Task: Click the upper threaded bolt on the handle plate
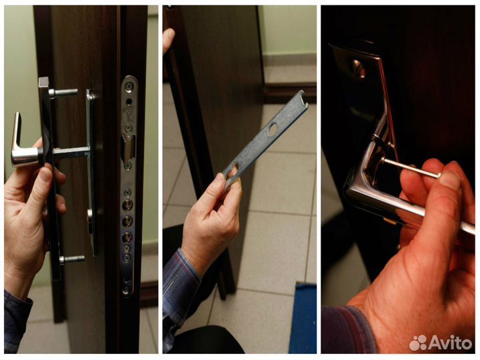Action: [63, 93]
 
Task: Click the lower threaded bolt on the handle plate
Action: [72, 259]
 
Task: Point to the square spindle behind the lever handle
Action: [71, 151]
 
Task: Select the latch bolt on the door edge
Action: [129, 150]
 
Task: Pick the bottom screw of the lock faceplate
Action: [126, 289]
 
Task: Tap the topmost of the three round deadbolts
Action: [127, 205]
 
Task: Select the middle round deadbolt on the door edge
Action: [127, 221]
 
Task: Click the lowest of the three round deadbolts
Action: [127, 237]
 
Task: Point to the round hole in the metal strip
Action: [272, 129]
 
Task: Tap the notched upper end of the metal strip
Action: [301, 97]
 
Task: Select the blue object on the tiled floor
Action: [303, 318]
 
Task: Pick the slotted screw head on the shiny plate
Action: [358, 69]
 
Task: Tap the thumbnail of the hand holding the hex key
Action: [450, 180]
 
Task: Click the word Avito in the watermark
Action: [449, 342]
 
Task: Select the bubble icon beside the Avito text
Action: [418, 343]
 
